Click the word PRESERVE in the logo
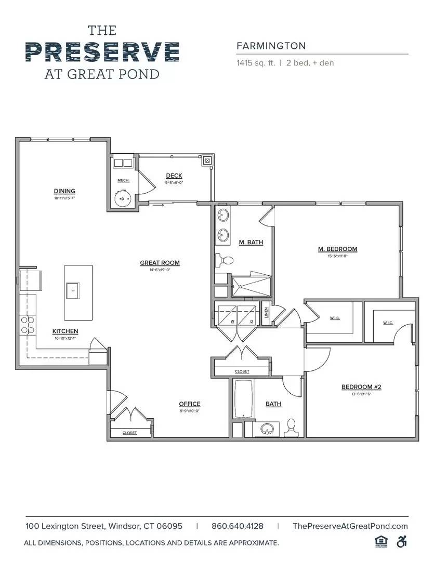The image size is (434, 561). (102, 52)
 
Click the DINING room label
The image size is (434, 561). (64, 191)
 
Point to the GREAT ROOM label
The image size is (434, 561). (160, 263)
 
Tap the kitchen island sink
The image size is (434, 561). (72, 291)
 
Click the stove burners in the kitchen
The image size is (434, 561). (27, 325)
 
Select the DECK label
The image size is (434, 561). (174, 176)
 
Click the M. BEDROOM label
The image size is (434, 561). (337, 249)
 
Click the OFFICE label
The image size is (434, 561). (189, 404)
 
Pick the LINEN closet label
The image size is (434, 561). (266, 313)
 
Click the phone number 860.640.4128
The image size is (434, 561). (238, 526)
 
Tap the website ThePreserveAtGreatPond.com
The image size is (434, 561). (350, 526)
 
